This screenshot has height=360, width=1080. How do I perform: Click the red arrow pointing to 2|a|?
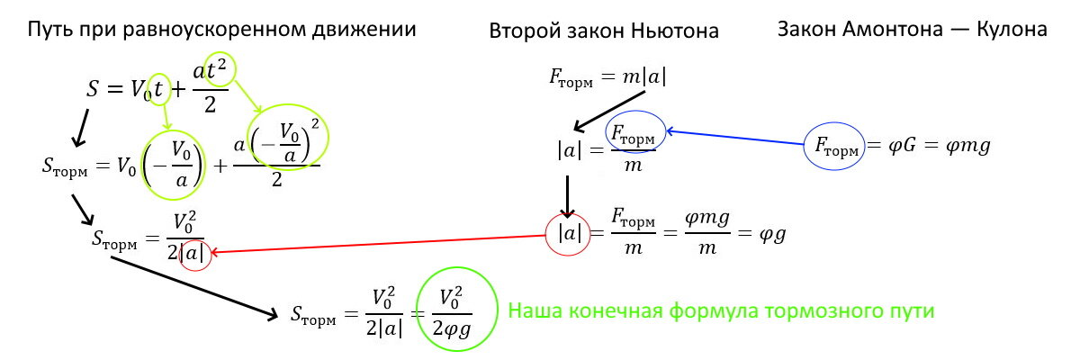378,244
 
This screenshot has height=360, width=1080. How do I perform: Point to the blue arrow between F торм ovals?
734,138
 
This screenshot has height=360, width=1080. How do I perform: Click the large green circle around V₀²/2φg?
457,310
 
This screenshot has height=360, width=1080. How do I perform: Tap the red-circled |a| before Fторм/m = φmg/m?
569,233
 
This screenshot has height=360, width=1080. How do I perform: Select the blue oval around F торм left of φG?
835,143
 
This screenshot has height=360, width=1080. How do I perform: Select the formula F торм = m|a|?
607,78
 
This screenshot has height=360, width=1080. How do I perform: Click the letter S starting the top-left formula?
93,88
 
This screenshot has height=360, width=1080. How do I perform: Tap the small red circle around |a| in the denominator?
194,256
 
